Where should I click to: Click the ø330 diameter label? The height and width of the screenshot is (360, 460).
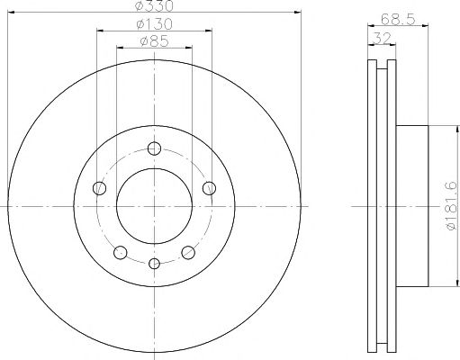[154, 5]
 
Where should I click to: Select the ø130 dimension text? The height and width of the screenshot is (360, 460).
[155, 24]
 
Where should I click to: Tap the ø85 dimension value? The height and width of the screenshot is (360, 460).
[155, 41]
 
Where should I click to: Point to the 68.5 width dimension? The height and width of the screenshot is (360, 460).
[398, 20]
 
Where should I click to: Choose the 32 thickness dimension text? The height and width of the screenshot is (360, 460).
[382, 38]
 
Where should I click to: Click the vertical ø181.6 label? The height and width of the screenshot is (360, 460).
[452, 206]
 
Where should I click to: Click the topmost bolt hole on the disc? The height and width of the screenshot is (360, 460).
[154, 148]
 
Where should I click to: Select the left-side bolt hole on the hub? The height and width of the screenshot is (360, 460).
[100, 188]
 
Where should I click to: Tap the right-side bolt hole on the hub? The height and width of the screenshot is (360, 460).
[209, 188]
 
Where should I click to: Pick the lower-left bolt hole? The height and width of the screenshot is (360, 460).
[121, 252]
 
